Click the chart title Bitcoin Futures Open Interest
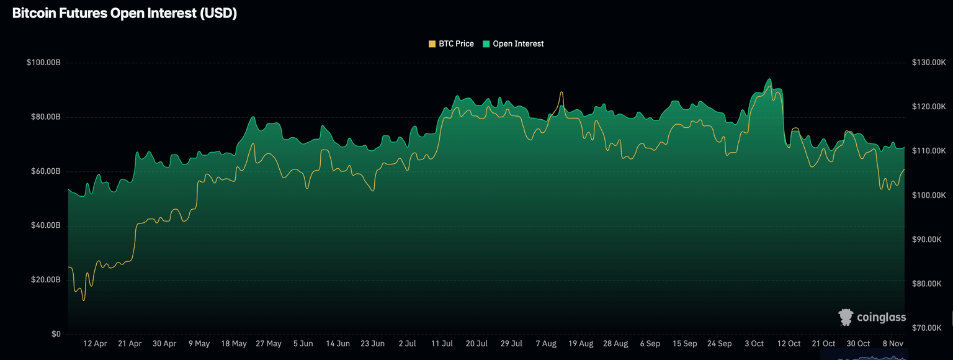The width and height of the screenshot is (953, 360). pos(125,14)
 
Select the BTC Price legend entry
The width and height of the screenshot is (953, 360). pos(451,44)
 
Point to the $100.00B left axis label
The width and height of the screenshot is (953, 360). pos(43,63)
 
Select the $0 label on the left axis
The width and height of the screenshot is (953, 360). pos(56,334)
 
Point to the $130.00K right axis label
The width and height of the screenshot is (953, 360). pos(928,63)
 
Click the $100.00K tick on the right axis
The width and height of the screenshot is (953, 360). pos(928,196)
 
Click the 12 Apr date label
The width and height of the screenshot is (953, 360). pos(95,343)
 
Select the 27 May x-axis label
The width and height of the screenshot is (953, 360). pos(269,343)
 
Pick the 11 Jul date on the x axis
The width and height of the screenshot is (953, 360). pos(442,343)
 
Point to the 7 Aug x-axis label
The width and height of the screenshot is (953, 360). pos(546,343)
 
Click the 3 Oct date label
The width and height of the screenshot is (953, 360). pos(754,343)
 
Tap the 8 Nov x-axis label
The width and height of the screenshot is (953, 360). pos(893,343)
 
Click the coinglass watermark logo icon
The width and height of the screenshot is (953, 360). pos(846,317)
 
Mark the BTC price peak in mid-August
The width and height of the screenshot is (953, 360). pos(562,92)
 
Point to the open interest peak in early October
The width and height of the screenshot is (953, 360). pos(769,79)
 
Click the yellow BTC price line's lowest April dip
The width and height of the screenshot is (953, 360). pos(84,300)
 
